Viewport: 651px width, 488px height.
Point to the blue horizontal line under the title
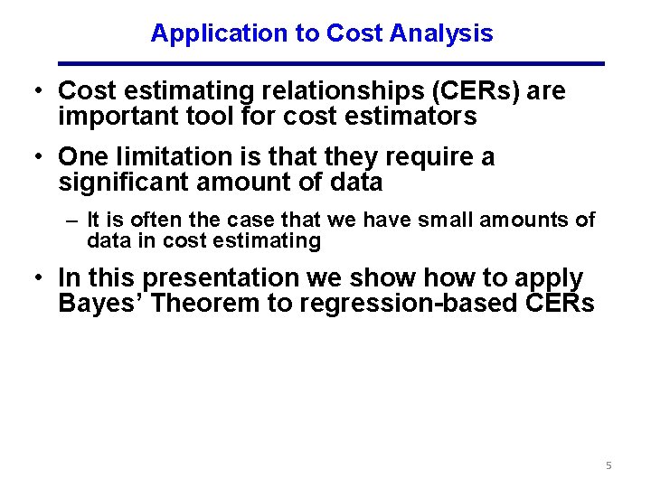[331, 63]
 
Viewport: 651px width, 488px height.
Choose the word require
[429, 157]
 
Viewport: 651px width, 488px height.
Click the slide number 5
[609, 465]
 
